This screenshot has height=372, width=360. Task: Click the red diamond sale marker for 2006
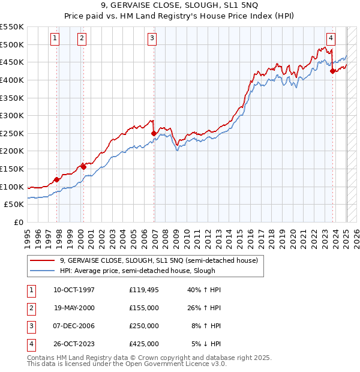coord(154,133)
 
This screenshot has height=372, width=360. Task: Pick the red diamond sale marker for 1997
coord(57,179)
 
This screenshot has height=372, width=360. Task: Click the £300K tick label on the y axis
coord(12,115)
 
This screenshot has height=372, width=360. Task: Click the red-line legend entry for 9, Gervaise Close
coord(158,260)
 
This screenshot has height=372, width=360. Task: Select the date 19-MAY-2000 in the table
coord(74,308)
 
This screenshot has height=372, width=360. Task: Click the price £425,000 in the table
coord(143,344)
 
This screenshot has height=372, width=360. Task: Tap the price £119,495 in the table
coord(143,290)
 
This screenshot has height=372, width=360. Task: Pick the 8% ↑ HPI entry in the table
coord(205,326)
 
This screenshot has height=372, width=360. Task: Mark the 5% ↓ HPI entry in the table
coord(206,344)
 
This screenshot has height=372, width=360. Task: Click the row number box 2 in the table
coord(30,308)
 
